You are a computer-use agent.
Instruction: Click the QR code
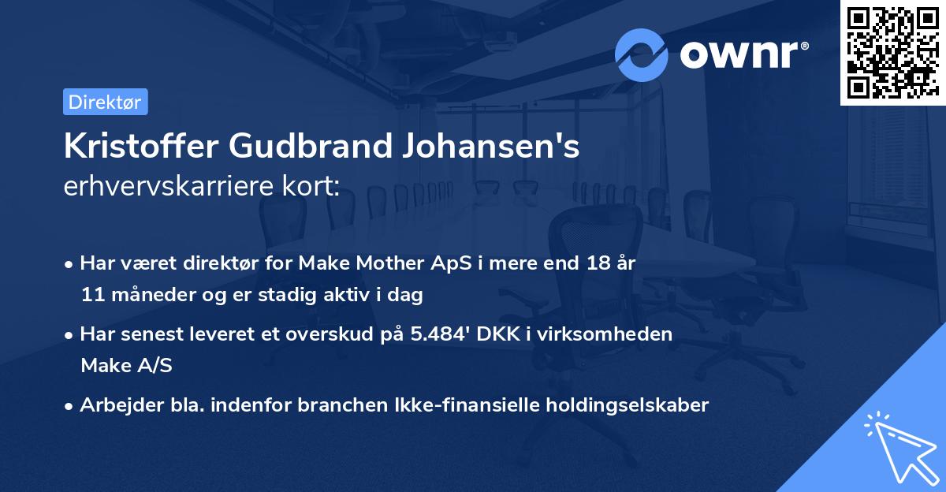click(x=892, y=52)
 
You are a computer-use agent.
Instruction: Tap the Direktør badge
click(x=105, y=102)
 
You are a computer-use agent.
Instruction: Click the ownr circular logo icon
click(x=642, y=54)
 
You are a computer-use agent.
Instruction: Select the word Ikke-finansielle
click(x=473, y=405)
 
